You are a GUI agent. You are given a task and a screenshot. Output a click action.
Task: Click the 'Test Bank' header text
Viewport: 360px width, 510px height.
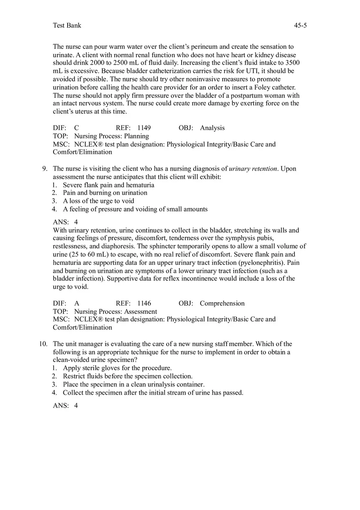click(67, 25)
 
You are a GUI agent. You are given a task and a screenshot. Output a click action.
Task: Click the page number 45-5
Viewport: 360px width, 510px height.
click(300, 25)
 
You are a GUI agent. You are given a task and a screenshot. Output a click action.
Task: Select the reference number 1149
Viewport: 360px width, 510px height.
click(144, 128)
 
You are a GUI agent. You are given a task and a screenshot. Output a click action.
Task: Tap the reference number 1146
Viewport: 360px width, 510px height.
click(144, 303)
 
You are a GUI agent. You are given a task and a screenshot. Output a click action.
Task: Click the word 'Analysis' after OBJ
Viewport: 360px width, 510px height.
click(212, 128)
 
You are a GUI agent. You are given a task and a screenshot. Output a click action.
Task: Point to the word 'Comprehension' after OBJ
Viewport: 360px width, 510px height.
click(222, 303)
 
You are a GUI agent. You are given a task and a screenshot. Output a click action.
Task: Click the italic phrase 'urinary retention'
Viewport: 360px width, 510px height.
click(253, 169)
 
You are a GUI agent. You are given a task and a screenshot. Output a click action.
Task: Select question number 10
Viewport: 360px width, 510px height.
click(43, 344)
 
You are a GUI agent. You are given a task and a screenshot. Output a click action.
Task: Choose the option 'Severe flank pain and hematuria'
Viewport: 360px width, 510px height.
click(108, 185)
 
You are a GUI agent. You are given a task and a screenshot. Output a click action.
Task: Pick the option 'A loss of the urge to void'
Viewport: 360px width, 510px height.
click(98, 201)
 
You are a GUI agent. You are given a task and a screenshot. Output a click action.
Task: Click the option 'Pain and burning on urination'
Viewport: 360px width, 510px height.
click(105, 193)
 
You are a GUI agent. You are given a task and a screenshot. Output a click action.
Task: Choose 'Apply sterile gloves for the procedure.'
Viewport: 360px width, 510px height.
click(117, 368)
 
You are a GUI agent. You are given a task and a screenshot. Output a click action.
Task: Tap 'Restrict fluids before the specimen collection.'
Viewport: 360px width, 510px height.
click(127, 376)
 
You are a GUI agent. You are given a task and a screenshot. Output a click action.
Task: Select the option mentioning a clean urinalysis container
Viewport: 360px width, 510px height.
click(133, 384)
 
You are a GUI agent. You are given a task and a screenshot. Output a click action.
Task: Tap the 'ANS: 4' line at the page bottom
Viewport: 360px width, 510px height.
click(65, 406)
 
